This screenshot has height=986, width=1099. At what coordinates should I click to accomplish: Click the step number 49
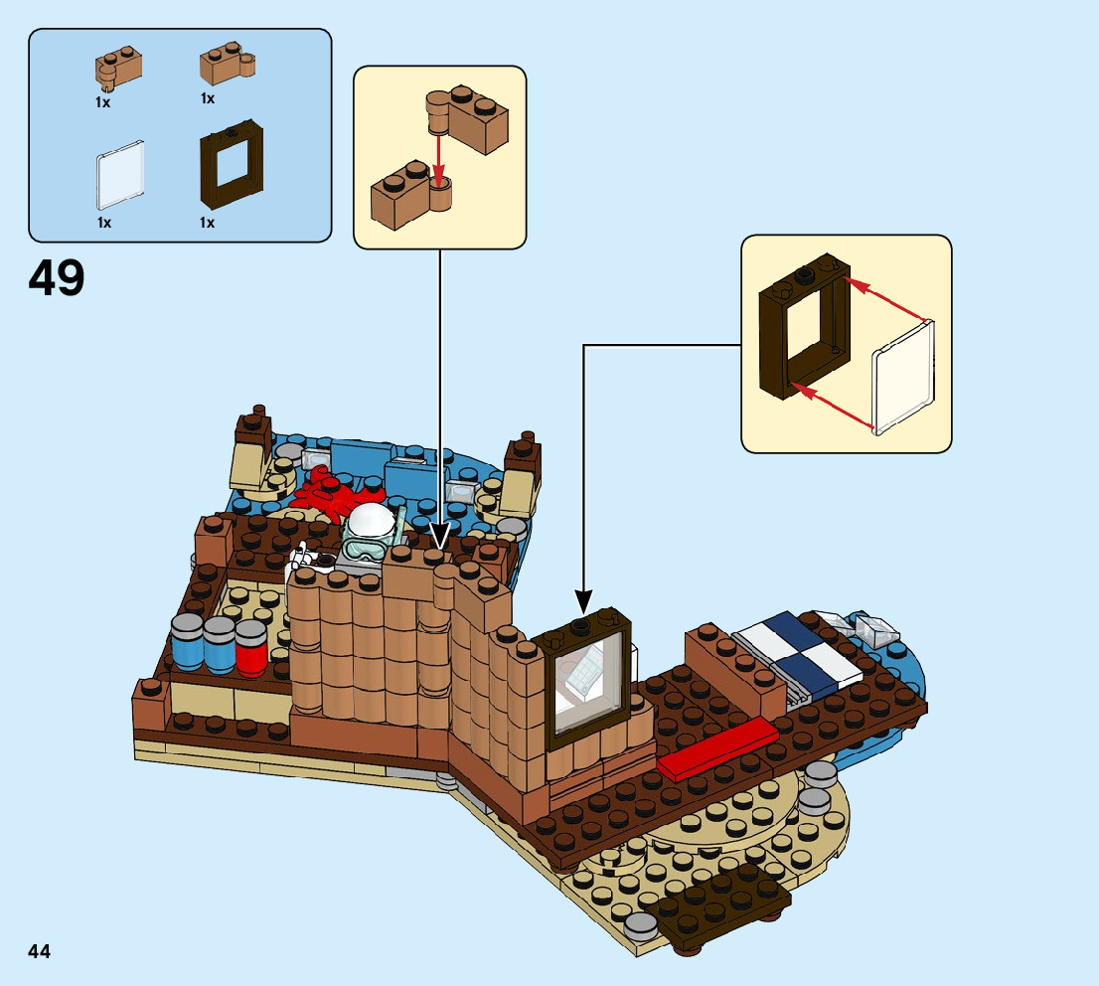(x=57, y=278)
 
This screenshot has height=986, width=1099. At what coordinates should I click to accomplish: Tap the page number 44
(x=39, y=951)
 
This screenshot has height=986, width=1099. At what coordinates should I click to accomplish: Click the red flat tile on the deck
(x=715, y=747)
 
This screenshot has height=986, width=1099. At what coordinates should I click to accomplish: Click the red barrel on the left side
(x=251, y=647)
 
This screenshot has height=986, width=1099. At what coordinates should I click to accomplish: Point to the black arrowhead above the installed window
(x=583, y=600)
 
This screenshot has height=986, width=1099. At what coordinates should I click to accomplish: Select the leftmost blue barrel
(x=188, y=642)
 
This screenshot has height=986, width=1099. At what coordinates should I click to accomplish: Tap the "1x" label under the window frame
(x=207, y=223)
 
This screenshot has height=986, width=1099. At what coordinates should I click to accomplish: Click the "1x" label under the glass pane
(x=104, y=223)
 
